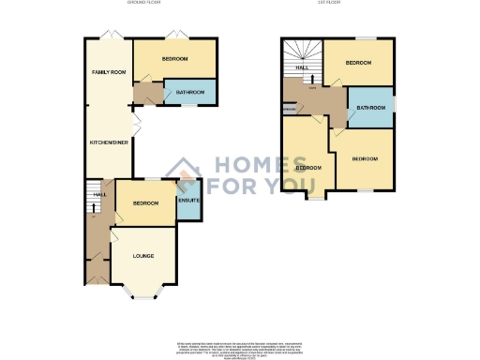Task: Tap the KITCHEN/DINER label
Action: point(108,142)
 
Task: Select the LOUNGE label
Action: point(143,255)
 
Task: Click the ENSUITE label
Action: point(188,202)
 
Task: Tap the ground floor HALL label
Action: point(98,195)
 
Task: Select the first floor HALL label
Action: point(303,68)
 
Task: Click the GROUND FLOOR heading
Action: point(145,4)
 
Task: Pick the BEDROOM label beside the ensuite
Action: point(144,203)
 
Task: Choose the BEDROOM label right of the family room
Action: point(174,59)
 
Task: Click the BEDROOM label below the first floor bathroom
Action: point(365,159)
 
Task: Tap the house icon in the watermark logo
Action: point(185,170)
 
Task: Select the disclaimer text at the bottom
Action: point(240,345)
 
